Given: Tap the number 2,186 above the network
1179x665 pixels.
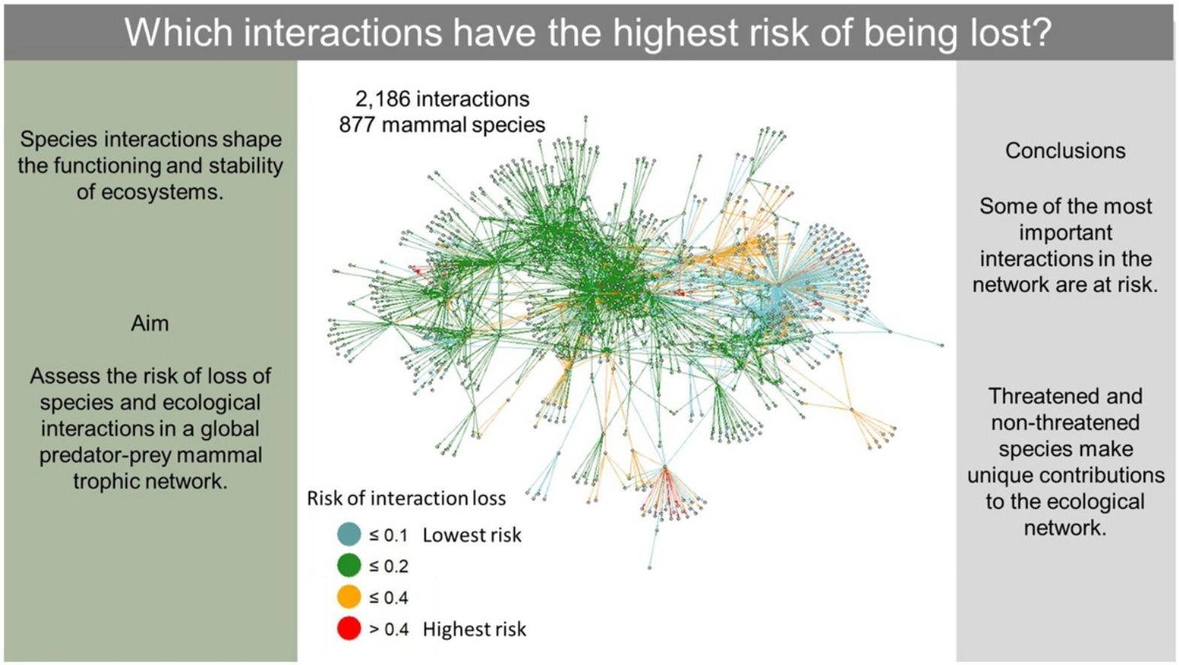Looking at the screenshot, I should [383, 99].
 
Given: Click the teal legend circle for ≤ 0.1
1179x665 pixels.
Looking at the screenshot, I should [349, 534].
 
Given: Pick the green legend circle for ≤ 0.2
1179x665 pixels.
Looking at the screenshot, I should [349, 565].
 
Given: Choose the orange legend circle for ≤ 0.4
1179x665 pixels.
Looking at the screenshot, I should [349, 597].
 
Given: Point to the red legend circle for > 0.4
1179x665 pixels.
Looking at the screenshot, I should [349, 628].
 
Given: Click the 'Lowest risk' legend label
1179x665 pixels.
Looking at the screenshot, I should [471, 534].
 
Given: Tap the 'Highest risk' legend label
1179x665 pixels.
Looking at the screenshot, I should [474, 629].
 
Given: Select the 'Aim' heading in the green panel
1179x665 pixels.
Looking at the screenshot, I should [150, 323].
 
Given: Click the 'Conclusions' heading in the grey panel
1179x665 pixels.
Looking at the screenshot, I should [1065, 151].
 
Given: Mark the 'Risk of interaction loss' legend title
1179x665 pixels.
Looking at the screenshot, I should [406, 498].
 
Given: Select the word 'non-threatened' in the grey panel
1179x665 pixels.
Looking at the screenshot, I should [1065, 423].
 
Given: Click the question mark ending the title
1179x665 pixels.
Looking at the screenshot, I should [1041, 32].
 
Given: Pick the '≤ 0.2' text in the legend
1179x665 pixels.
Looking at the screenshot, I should [388, 566].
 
